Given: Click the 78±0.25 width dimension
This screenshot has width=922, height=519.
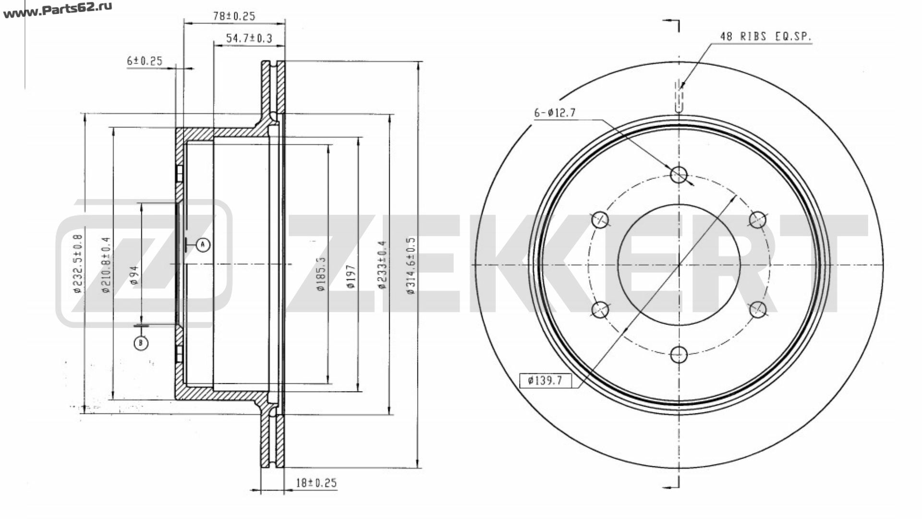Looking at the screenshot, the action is (234, 16).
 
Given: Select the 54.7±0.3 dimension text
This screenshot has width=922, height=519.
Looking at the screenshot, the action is (249, 38).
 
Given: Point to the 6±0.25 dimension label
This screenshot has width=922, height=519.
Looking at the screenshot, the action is (145, 61).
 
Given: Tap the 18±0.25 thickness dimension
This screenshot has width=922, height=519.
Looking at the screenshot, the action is (316, 483).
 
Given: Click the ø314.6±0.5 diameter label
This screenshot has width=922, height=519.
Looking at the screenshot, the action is (411, 265).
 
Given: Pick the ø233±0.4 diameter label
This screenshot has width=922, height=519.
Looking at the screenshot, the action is (382, 264).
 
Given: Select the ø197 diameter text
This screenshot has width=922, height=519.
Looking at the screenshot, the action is (351, 276).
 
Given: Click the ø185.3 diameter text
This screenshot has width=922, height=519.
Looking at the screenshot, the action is (321, 274).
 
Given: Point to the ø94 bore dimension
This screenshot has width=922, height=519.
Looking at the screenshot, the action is (134, 276).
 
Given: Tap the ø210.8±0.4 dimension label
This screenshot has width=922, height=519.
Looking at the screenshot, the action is (106, 265).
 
